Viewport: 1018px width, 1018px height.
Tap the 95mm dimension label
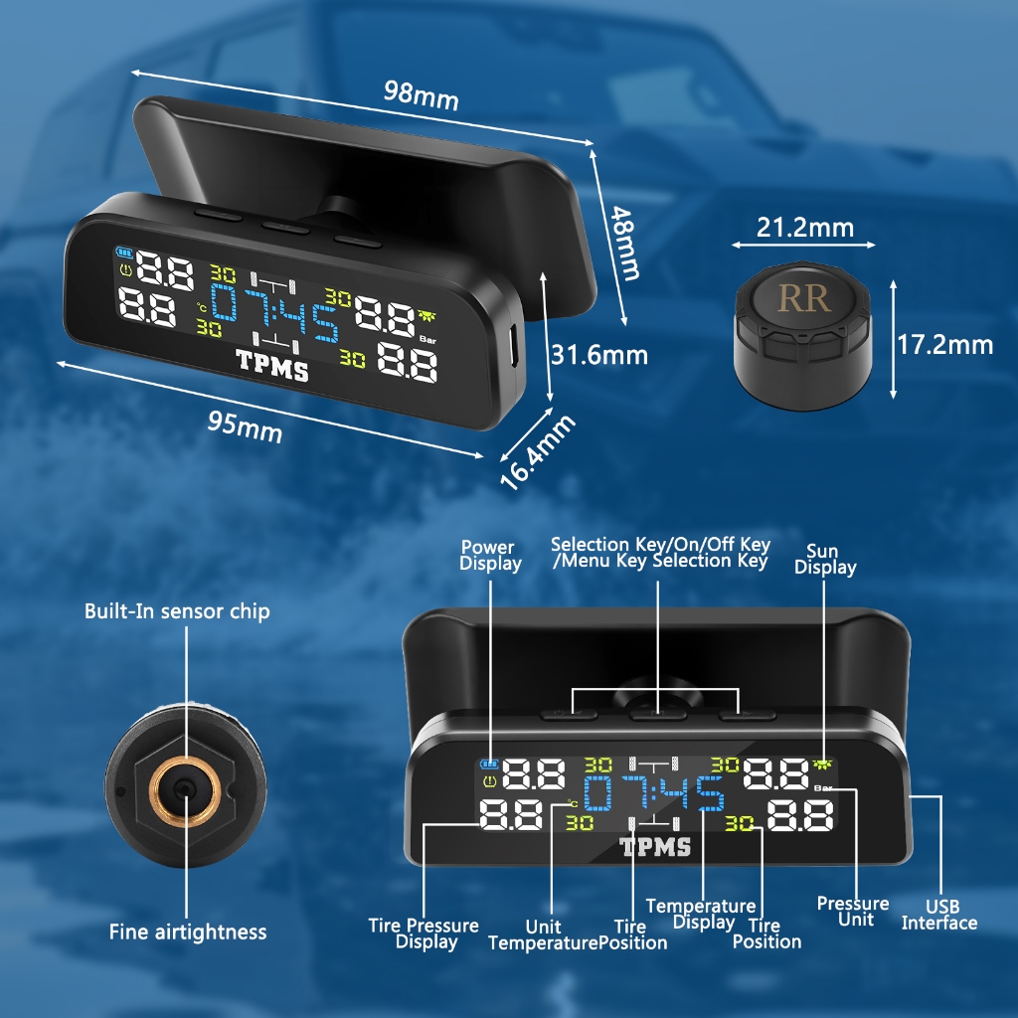tap(245, 425)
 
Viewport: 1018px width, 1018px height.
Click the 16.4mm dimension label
tap(537, 452)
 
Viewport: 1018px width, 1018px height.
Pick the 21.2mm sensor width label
tap(804, 228)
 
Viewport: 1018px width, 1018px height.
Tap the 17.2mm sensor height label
tap(944, 345)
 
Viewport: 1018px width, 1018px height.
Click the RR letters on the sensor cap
tap(804, 297)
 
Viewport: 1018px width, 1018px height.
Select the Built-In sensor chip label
tap(177, 610)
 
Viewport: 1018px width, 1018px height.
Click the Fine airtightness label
tap(188, 932)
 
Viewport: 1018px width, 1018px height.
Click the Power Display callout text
tap(490, 556)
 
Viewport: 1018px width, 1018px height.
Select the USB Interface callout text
tap(939, 915)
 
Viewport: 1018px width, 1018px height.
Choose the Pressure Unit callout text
tap(853, 911)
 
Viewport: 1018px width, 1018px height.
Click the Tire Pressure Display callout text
tap(424, 933)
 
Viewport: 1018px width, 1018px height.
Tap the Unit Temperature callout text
tap(542, 934)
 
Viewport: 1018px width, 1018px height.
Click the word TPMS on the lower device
tap(655, 846)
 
